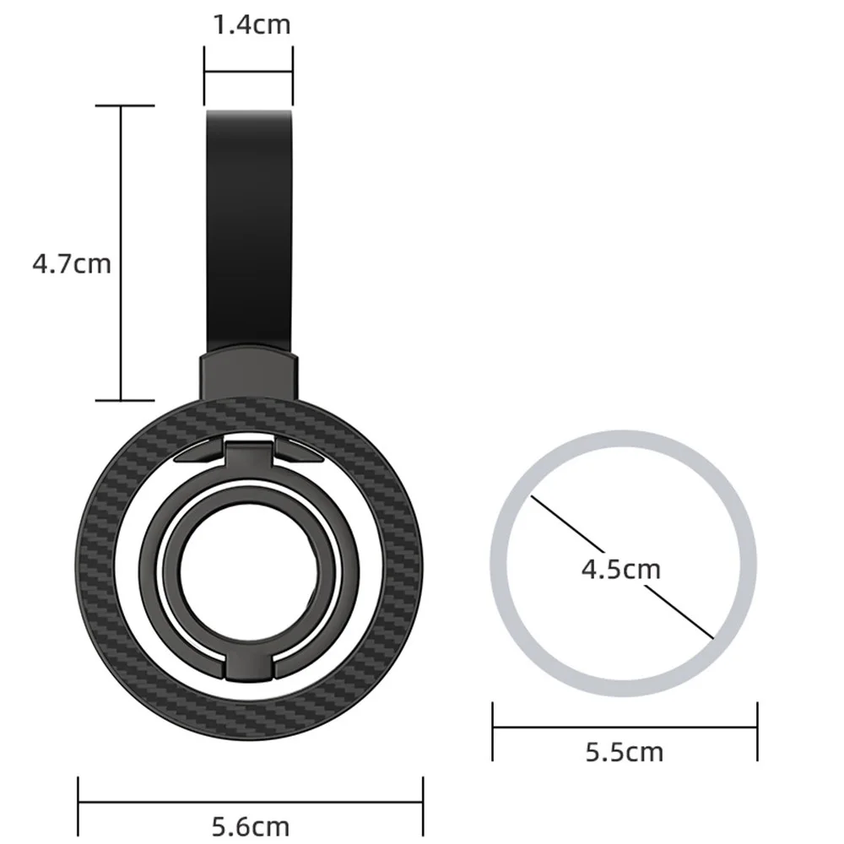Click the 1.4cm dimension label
[x=250, y=24]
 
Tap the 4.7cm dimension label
[x=72, y=263]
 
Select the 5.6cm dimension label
[x=250, y=823]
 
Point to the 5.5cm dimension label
[x=625, y=750]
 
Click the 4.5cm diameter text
[x=620, y=569]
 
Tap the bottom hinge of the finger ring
[x=250, y=663]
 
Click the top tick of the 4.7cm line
[x=122, y=105]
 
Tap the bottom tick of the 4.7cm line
[x=122, y=400]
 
